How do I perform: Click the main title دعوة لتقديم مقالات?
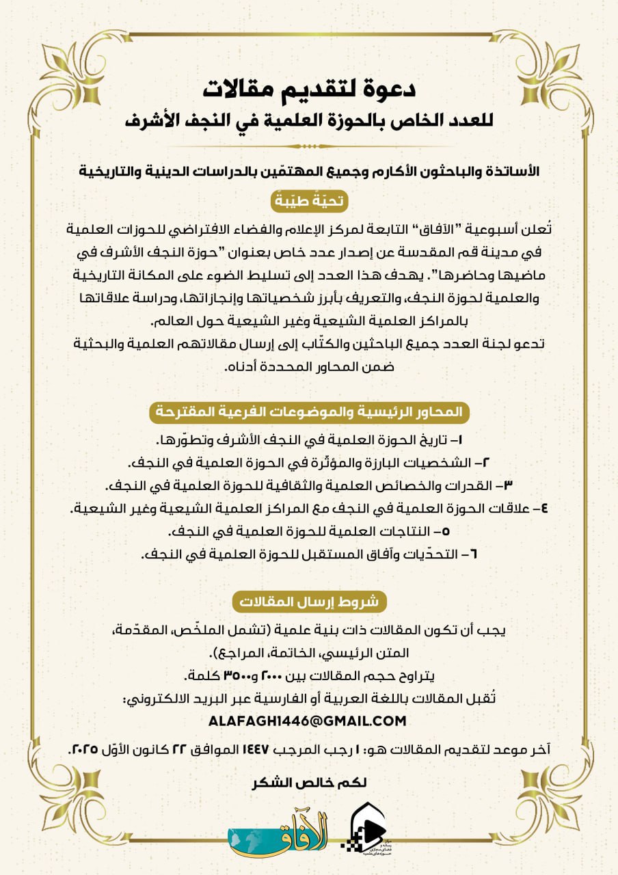click(x=309, y=88)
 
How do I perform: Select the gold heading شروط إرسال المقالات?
click(x=309, y=602)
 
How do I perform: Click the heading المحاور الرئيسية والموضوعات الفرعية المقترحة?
click(x=309, y=412)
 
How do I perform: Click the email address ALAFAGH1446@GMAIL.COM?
click(x=309, y=721)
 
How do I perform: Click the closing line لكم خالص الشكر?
click(x=309, y=783)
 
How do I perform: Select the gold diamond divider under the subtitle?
click(x=309, y=146)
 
